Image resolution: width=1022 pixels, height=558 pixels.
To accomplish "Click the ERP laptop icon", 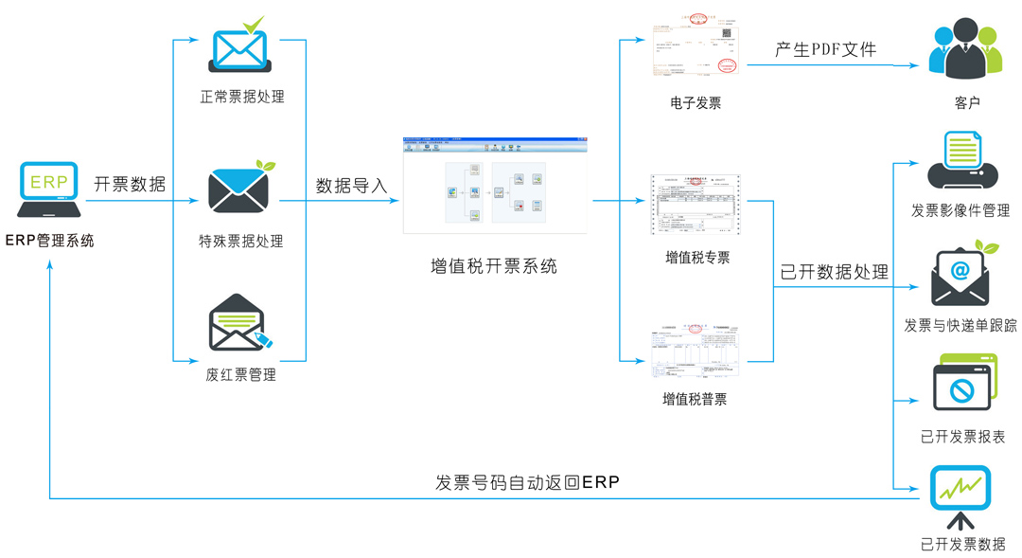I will click(49, 190).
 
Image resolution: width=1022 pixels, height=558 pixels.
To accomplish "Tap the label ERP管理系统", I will click(50, 241).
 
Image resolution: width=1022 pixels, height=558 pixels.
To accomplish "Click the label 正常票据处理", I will click(241, 97).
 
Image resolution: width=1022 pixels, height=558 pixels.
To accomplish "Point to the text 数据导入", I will click(352, 186).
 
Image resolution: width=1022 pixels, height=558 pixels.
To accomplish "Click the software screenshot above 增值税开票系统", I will click(495, 186).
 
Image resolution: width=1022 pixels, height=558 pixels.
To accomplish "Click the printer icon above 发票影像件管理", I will click(960, 164).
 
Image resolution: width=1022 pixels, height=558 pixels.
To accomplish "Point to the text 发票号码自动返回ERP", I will click(527, 482).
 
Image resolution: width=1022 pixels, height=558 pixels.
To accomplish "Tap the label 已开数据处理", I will click(834, 273).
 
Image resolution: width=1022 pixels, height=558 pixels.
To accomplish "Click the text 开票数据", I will click(130, 185).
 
